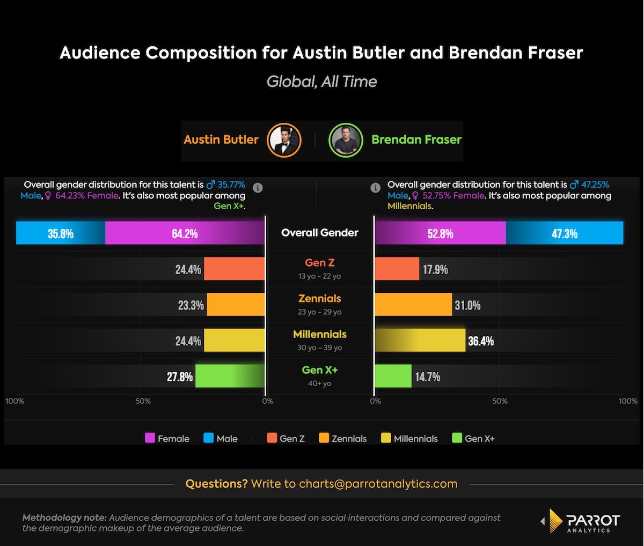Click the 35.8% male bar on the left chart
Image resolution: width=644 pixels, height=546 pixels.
coord(61,233)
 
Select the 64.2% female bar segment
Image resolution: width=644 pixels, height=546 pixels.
coord(185,233)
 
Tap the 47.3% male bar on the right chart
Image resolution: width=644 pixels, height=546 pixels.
coord(564,233)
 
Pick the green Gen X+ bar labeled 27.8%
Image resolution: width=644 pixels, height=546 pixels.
coord(230,376)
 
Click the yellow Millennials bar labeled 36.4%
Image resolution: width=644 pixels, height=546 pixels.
coord(420,341)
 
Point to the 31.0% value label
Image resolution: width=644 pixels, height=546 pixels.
coord(467,305)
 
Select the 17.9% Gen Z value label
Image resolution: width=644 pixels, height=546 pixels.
coord(435,269)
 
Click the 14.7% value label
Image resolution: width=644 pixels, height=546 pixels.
coord(427,377)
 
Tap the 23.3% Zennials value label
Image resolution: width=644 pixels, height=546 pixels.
coord(191,305)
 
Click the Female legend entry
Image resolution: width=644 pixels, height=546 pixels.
coord(167,438)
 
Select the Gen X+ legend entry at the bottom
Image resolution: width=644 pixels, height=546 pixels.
coord(473,438)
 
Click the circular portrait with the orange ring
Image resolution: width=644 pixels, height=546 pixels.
coord(284,140)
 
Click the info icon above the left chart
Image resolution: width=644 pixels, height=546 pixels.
coord(258,188)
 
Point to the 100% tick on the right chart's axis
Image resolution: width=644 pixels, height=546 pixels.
coord(627,401)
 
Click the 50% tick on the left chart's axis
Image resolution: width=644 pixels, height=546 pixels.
coord(143,401)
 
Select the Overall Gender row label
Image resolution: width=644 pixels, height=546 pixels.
coord(320,233)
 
